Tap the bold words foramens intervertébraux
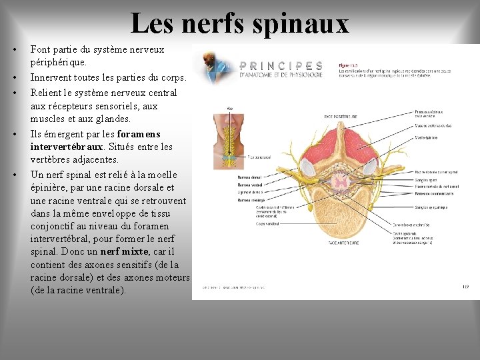point(95,140)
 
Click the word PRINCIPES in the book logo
point(281,66)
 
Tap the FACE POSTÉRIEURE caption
point(341,116)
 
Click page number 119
point(465,287)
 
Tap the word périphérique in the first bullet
point(59,62)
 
